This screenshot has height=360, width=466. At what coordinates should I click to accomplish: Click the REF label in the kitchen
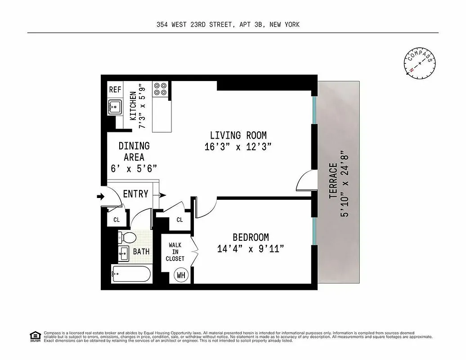click(x=115, y=90)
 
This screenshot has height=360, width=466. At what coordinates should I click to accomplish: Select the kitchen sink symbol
click(x=115, y=108)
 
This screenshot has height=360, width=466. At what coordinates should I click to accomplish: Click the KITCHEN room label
click(x=133, y=106)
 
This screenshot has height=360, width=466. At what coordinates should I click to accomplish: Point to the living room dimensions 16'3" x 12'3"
click(x=238, y=147)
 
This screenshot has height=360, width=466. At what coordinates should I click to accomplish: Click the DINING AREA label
click(x=134, y=152)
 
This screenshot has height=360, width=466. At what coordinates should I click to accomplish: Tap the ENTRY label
click(x=135, y=194)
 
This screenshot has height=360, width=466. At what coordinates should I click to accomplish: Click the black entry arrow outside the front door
click(x=100, y=196)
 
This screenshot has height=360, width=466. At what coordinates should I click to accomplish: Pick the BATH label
click(x=141, y=252)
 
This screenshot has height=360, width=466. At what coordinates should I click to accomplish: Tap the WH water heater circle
click(x=181, y=274)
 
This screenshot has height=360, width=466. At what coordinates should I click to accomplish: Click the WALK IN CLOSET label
click(x=175, y=252)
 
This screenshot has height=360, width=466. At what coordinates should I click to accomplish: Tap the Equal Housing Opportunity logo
click(x=35, y=336)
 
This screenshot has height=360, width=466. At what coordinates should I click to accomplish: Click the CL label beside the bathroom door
click(x=116, y=220)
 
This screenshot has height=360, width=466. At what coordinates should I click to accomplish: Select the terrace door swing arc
click(x=305, y=182)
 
